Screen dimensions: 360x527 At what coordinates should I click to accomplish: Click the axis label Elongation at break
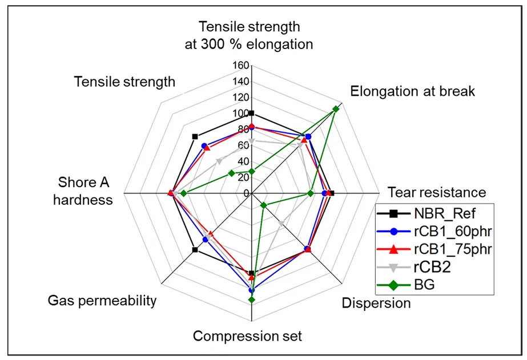click(x=412, y=91)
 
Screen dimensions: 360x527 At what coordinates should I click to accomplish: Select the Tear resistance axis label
click(x=437, y=192)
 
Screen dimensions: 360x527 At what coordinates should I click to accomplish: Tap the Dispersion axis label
click(x=376, y=303)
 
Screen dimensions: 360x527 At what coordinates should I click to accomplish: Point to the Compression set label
click(x=247, y=335)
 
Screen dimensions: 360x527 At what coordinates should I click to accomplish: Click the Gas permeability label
click(x=102, y=300)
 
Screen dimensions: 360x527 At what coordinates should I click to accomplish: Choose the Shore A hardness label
click(x=85, y=191)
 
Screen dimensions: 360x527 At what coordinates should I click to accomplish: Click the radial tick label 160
click(x=241, y=65)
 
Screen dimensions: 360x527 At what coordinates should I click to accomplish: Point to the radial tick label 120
click(x=241, y=97)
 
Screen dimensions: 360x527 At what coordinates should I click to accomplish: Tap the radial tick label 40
click(x=243, y=161)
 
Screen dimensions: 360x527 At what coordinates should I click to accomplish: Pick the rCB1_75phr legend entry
click(x=453, y=249)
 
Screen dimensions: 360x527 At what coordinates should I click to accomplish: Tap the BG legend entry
click(x=427, y=284)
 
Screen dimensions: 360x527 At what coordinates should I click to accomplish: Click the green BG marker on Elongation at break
click(x=336, y=109)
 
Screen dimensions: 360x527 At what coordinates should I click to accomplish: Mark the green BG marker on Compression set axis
click(x=251, y=299)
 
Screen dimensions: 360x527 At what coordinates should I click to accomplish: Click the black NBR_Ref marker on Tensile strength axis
click(x=195, y=136)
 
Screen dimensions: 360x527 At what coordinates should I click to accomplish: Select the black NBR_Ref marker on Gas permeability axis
click(x=195, y=249)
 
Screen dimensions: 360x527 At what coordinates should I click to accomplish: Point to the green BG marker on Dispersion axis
click(x=263, y=205)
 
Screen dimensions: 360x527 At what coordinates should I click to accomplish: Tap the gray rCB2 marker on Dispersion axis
click(x=281, y=223)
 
